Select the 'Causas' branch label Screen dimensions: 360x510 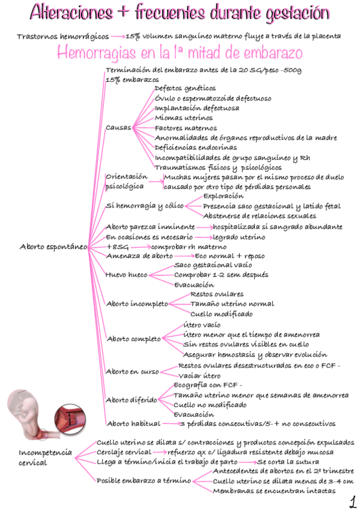tap(118, 127)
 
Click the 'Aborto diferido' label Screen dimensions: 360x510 tap(131, 400)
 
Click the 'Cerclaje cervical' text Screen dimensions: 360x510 tap(123, 452)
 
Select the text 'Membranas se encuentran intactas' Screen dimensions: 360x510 tap(274, 491)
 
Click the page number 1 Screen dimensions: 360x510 tap(351, 500)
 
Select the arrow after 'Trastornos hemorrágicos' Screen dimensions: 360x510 tap(117, 36)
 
